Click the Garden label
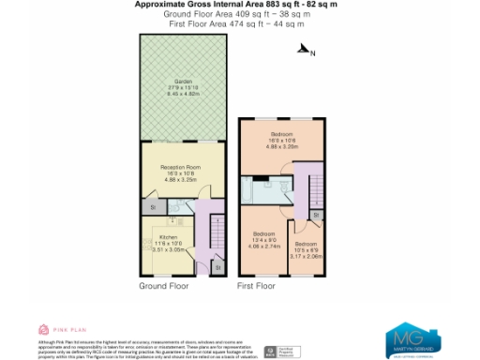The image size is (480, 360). tap(183, 87)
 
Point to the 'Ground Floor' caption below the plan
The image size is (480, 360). tap(164, 285)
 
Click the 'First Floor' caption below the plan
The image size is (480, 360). tap(255, 285)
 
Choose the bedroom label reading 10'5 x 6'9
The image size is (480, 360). tap(306, 250)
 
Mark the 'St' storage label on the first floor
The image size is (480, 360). tap(316, 215)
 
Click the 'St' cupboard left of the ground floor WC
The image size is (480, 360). tap(151, 205)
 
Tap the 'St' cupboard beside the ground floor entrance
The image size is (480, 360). tap(217, 268)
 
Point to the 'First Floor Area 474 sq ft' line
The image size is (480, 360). tap(239, 23)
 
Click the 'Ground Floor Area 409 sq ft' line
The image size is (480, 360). tap(239, 14)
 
